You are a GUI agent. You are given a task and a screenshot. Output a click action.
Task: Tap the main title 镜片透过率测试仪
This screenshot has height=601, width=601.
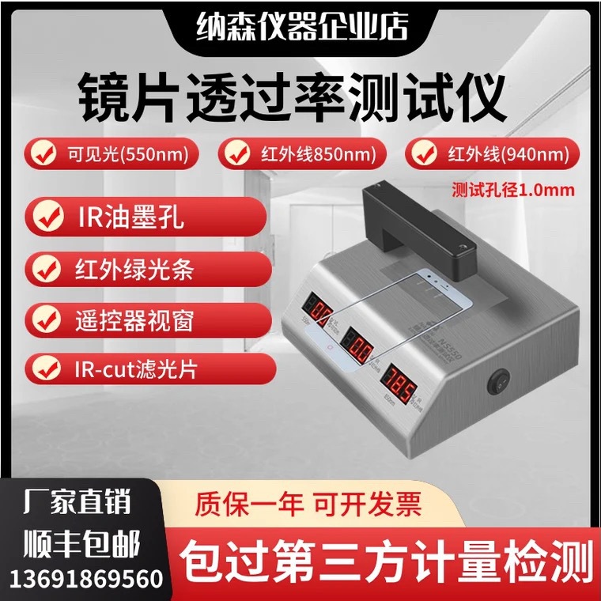pyautogui.click(x=293, y=98)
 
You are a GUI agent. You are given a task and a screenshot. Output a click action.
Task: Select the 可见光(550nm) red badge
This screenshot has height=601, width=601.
pyautogui.click(x=112, y=153)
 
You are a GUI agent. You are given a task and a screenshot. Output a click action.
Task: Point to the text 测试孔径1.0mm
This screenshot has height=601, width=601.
pyautogui.click(x=512, y=190)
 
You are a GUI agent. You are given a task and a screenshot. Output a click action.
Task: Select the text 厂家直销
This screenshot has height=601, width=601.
pyautogui.click(x=78, y=502)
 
